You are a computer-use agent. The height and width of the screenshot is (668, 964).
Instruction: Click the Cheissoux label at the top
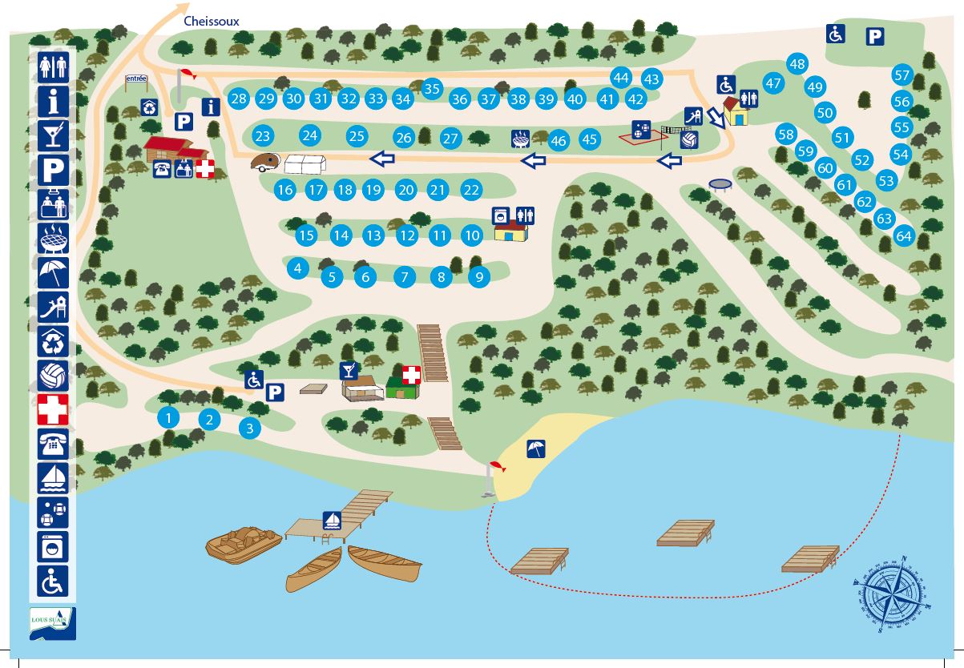(212, 21)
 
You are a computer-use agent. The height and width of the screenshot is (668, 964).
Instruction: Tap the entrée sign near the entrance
(136, 78)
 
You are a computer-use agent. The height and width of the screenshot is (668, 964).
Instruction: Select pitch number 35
(433, 88)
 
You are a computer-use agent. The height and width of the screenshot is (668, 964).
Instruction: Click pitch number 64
(904, 235)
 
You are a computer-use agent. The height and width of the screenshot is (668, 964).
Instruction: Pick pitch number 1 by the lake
(168, 416)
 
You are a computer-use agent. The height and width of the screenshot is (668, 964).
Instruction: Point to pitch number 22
(471, 190)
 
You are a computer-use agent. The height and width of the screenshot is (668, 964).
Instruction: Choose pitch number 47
(772, 82)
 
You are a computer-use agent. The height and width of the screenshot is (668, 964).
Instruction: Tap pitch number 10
(472, 235)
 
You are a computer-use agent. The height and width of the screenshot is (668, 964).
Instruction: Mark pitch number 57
(902, 75)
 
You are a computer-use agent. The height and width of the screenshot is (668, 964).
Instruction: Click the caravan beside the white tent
(264, 163)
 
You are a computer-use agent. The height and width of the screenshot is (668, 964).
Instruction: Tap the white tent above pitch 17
(305, 163)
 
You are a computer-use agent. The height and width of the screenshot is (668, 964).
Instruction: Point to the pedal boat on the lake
(244, 544)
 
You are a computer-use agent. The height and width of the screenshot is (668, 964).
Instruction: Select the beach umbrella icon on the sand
(536, 449)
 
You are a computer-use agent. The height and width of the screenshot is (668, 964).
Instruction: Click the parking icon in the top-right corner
(874, 36)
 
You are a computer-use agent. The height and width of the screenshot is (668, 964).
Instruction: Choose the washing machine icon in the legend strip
(53, 546)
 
